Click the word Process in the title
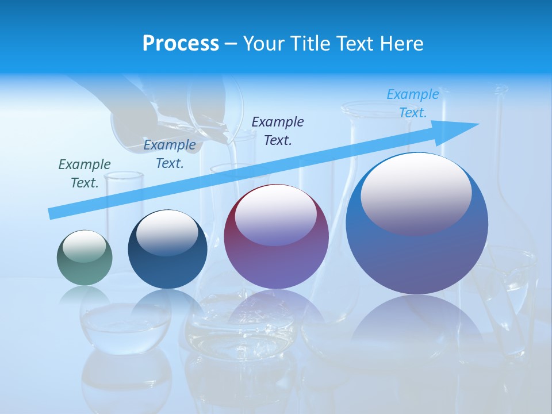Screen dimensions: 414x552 pos(181,44)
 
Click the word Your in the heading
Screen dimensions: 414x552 pos(262,44)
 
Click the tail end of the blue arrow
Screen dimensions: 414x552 pos(51,214)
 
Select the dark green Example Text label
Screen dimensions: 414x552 pos(85,174)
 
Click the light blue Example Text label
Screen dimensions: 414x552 pos(413,103)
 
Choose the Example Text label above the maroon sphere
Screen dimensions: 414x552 pos(278,131)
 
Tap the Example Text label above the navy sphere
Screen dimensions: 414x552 pos(170,154)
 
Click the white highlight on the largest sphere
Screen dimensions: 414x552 pos(416,193)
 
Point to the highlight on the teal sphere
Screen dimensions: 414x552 pos(84,246)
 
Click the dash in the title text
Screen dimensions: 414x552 pos(231,44)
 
